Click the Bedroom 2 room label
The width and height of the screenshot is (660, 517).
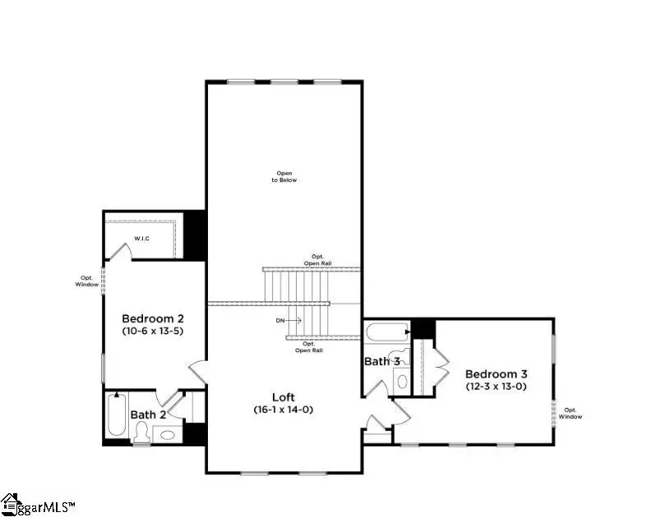(154, 318)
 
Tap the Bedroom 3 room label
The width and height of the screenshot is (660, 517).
(496, 373)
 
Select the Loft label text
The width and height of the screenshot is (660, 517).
(284, 395)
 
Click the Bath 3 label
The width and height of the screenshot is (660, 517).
(382, 361)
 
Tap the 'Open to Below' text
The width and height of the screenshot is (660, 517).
(284, 176)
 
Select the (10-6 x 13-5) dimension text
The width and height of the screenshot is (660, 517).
(154, 332)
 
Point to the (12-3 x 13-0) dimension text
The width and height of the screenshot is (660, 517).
(496, 386)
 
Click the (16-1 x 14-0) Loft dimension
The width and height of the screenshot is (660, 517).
(284, 409)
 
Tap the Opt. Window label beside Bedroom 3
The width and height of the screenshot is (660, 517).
(572, 413)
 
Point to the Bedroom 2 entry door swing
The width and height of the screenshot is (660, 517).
(199, 371)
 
